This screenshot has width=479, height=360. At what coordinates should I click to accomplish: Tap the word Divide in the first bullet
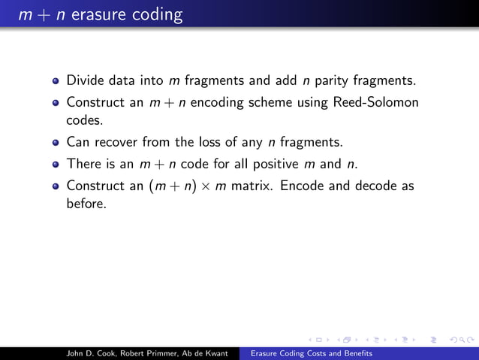pos(85,80)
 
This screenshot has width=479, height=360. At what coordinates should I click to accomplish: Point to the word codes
pos(83,119)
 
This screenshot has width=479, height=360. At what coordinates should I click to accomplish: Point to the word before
pos(86,204)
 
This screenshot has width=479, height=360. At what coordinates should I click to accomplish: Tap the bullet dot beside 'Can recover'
pos(56,142)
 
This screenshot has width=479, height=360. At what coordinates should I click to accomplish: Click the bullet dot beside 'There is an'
pos(56,165)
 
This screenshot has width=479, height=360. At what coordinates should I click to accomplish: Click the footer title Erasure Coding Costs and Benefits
pos(311,352)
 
